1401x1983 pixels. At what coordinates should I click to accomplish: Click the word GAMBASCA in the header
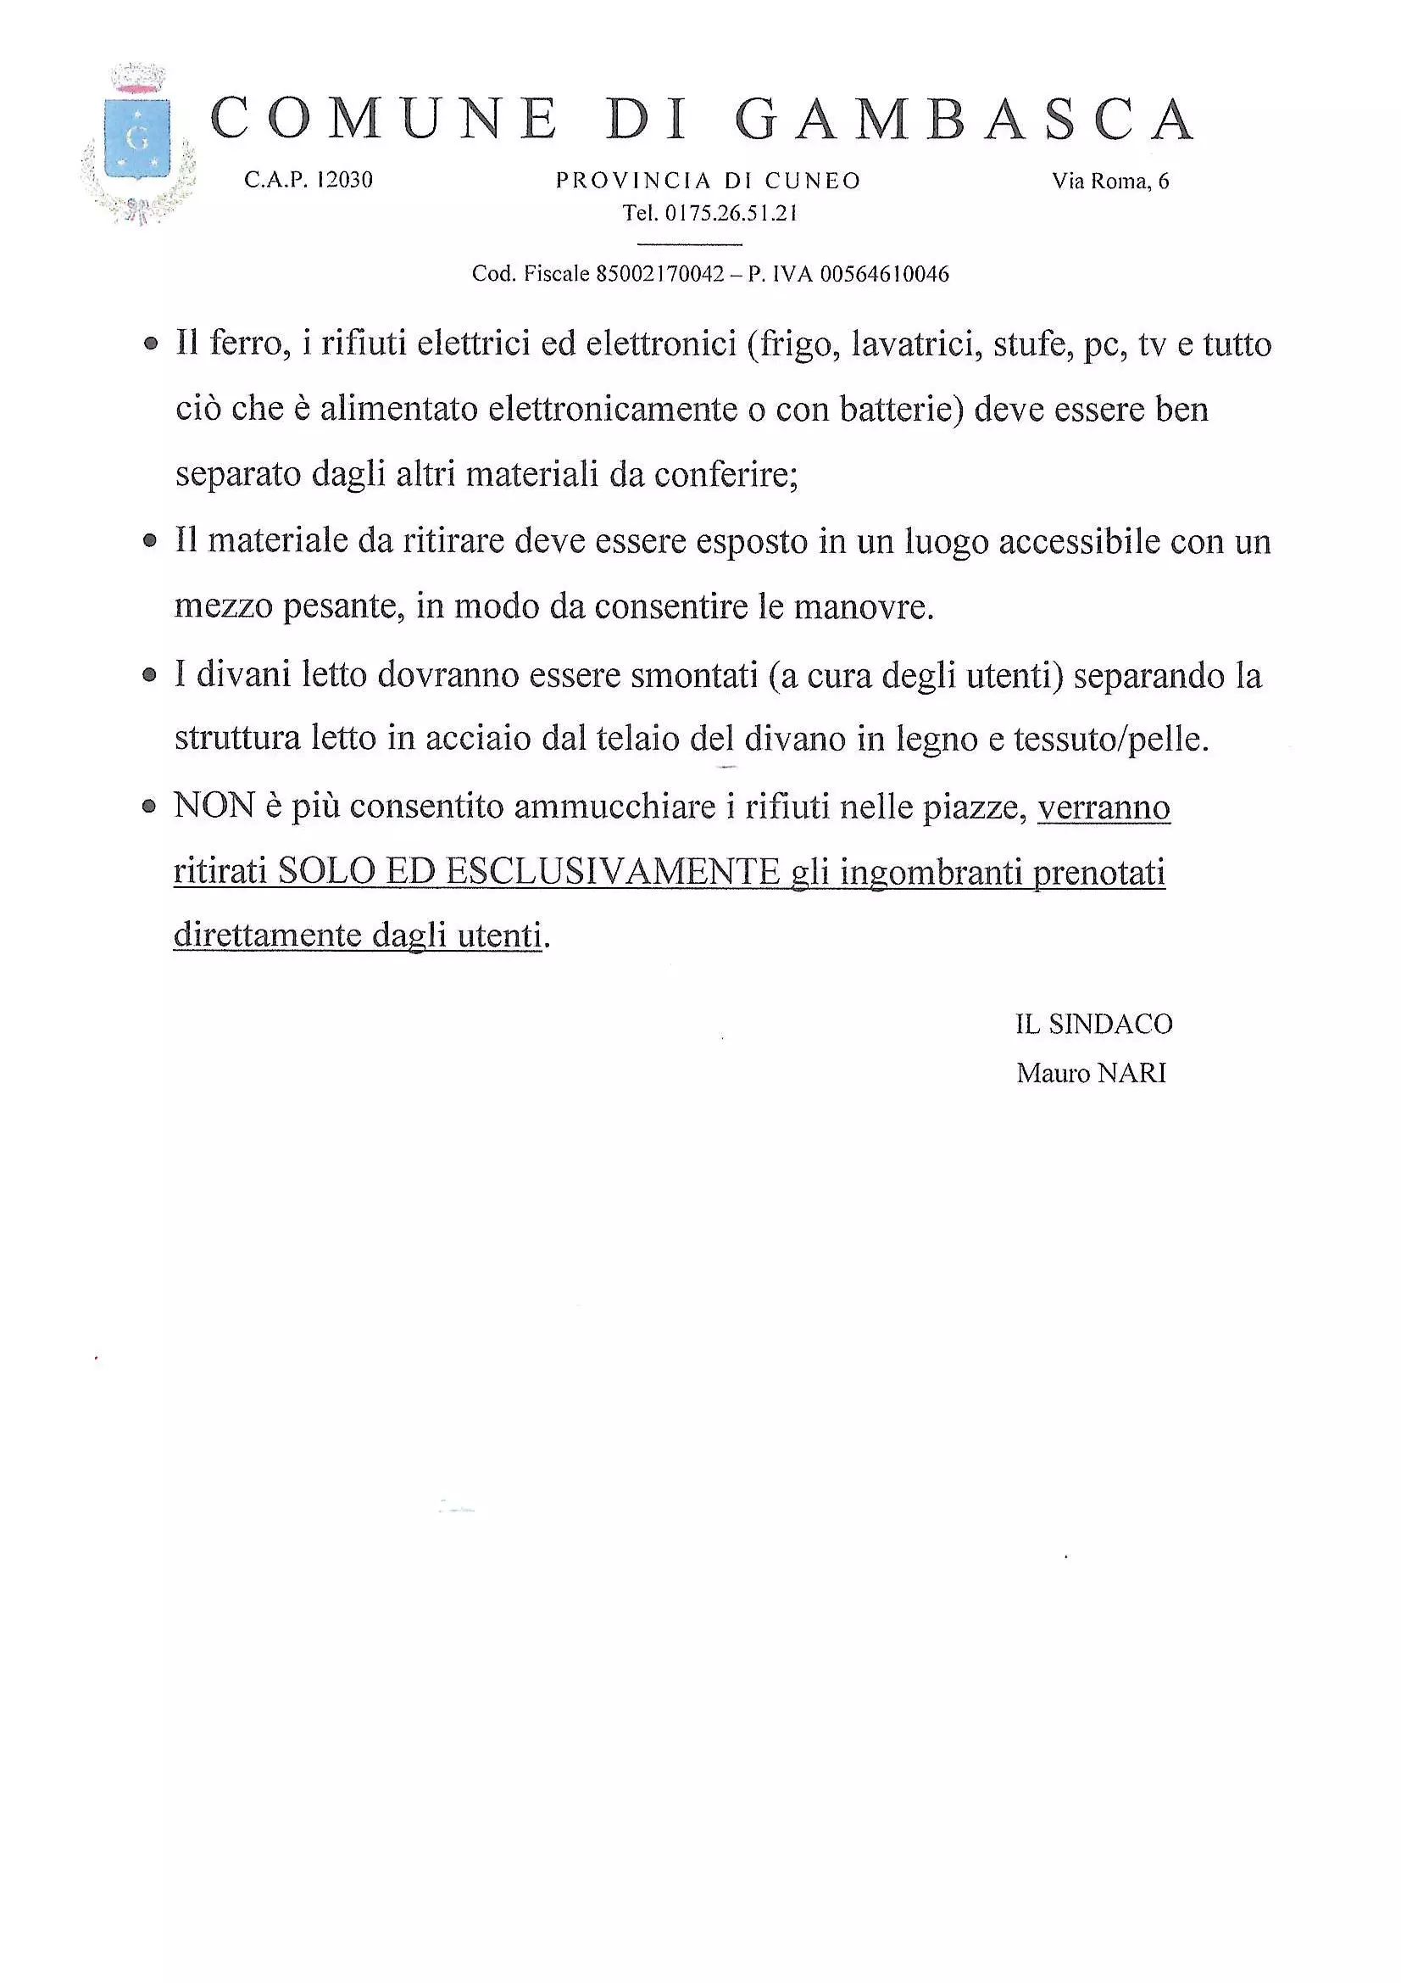tap(965, 120)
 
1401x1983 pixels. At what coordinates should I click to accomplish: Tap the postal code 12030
tap(344, 180)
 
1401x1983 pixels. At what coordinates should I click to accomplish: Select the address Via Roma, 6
tap(1110, 181)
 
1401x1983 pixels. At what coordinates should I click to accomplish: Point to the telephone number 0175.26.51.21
tap(731, 214)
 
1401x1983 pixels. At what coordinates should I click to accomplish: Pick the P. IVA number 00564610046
tap(884, 275)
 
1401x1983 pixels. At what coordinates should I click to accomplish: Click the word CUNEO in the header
tap(812, 181)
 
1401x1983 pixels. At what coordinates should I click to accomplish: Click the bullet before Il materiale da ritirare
tap(151, 541)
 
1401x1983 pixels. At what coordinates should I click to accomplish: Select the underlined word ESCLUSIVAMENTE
tap(613, 871)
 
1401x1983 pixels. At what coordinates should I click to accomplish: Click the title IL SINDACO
tap(1092, 1024)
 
